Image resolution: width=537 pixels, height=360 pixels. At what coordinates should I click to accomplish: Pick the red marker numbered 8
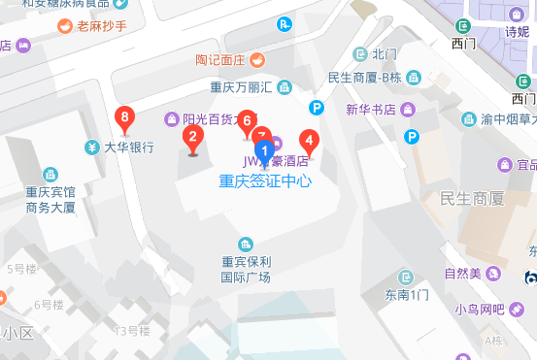tap(124, 119)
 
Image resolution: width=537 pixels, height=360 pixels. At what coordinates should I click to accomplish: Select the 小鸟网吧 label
tap(480, 311)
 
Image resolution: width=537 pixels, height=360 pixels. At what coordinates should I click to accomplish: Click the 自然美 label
tap(463, 273)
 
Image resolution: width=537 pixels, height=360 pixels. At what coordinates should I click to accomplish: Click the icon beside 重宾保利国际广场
tap(246, 243)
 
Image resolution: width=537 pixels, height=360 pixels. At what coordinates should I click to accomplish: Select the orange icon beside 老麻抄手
tap(64, 26)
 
